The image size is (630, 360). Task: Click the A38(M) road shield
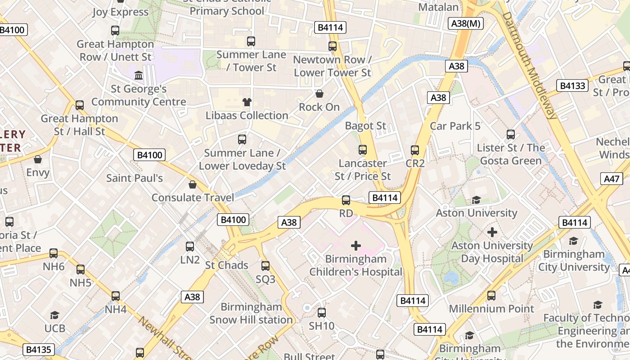(x=466, y=23)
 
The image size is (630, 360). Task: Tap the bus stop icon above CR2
(x=415, y=150)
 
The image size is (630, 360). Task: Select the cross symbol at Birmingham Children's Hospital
(x=356, y=246)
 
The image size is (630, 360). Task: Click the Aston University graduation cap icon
(x=476, y=200)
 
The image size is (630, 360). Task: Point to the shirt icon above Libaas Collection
(x=247, y=102)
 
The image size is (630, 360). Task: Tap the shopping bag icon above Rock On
(x=319, y=94)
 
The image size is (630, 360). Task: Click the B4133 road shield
(x=572, y=85)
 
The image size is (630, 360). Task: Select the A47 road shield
(x=612, y=179)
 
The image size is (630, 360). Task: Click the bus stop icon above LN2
(x=190, y=247)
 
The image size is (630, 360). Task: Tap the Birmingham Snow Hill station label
(x=251, y=314)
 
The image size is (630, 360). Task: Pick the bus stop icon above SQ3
(x=265, y=266)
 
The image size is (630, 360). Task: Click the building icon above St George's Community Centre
(x=139, y=75)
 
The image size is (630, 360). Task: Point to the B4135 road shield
(x=39, y=349)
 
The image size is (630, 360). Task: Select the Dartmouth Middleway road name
(x=529, y=65)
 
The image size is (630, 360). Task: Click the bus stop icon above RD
(x=346, y=200)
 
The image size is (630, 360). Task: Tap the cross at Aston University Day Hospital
(x=492, y=232)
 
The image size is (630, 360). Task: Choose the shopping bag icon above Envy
(x=38, y=159)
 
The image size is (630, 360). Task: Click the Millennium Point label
(x=491, y=309)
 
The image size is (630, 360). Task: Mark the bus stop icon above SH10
(x=322, y=313)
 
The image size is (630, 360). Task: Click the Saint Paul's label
(x=135, y=178)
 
